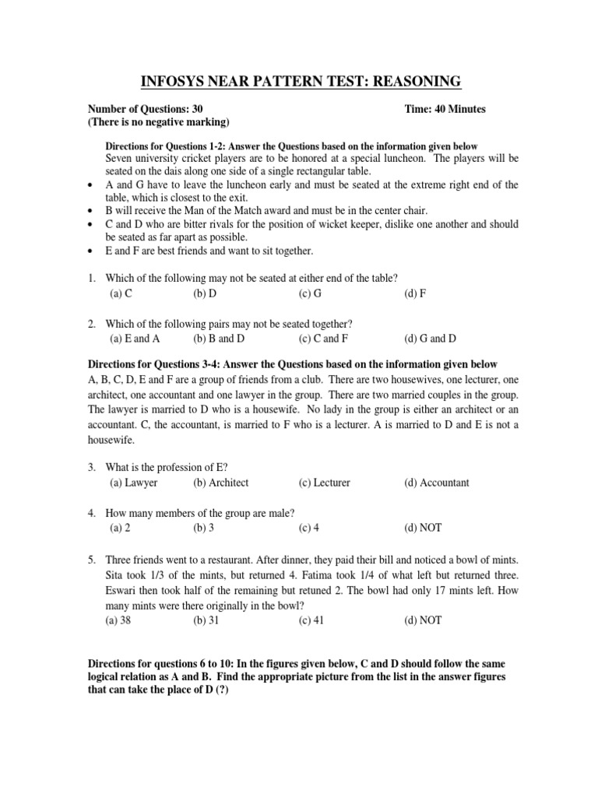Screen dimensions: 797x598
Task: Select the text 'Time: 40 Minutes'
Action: [445, 109]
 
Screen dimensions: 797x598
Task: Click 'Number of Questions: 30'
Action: [147, 109]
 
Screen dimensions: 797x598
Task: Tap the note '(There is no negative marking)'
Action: [158, 122]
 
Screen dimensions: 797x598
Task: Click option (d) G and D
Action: [430, 339]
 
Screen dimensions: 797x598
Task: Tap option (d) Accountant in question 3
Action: [436, 483]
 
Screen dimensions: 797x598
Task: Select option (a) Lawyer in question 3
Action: [134, 483]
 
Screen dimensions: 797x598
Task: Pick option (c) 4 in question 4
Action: [308, 527]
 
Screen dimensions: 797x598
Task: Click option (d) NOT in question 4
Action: [423, 527]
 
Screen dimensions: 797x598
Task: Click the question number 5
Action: [91, 560]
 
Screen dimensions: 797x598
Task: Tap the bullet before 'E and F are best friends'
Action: [91, 251]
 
